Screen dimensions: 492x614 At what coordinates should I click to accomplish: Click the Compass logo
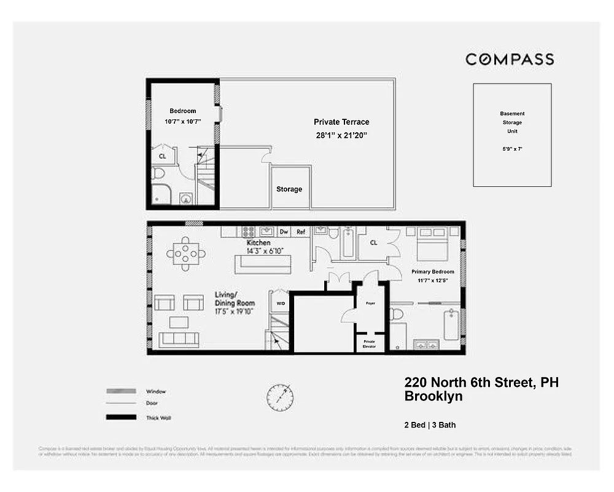[509, 60]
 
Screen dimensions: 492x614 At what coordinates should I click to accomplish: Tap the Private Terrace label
[341, 122]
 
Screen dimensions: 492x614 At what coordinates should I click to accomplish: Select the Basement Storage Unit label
[512, 122]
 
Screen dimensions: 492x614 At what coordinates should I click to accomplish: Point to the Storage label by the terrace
[289, 189]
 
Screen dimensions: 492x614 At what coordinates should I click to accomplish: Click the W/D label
[281, 303]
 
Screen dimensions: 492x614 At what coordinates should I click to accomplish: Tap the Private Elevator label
[369, 343]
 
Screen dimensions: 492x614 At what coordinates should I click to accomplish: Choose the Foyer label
[370, 303]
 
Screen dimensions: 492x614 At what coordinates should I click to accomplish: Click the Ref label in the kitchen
[301, 232]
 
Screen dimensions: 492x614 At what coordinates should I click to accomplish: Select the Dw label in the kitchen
[284, 232]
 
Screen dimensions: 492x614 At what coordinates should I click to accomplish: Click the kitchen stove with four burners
[249, 232]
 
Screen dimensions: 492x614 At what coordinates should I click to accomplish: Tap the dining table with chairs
[185, 253]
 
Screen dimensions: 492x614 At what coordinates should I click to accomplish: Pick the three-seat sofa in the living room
[179, 339]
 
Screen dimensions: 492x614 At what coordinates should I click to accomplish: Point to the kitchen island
[262, 264]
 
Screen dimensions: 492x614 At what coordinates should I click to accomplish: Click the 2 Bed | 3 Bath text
[430, 425]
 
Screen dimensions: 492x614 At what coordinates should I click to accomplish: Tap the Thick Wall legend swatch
[121, 418]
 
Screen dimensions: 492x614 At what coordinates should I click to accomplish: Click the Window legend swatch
[121, 391]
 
